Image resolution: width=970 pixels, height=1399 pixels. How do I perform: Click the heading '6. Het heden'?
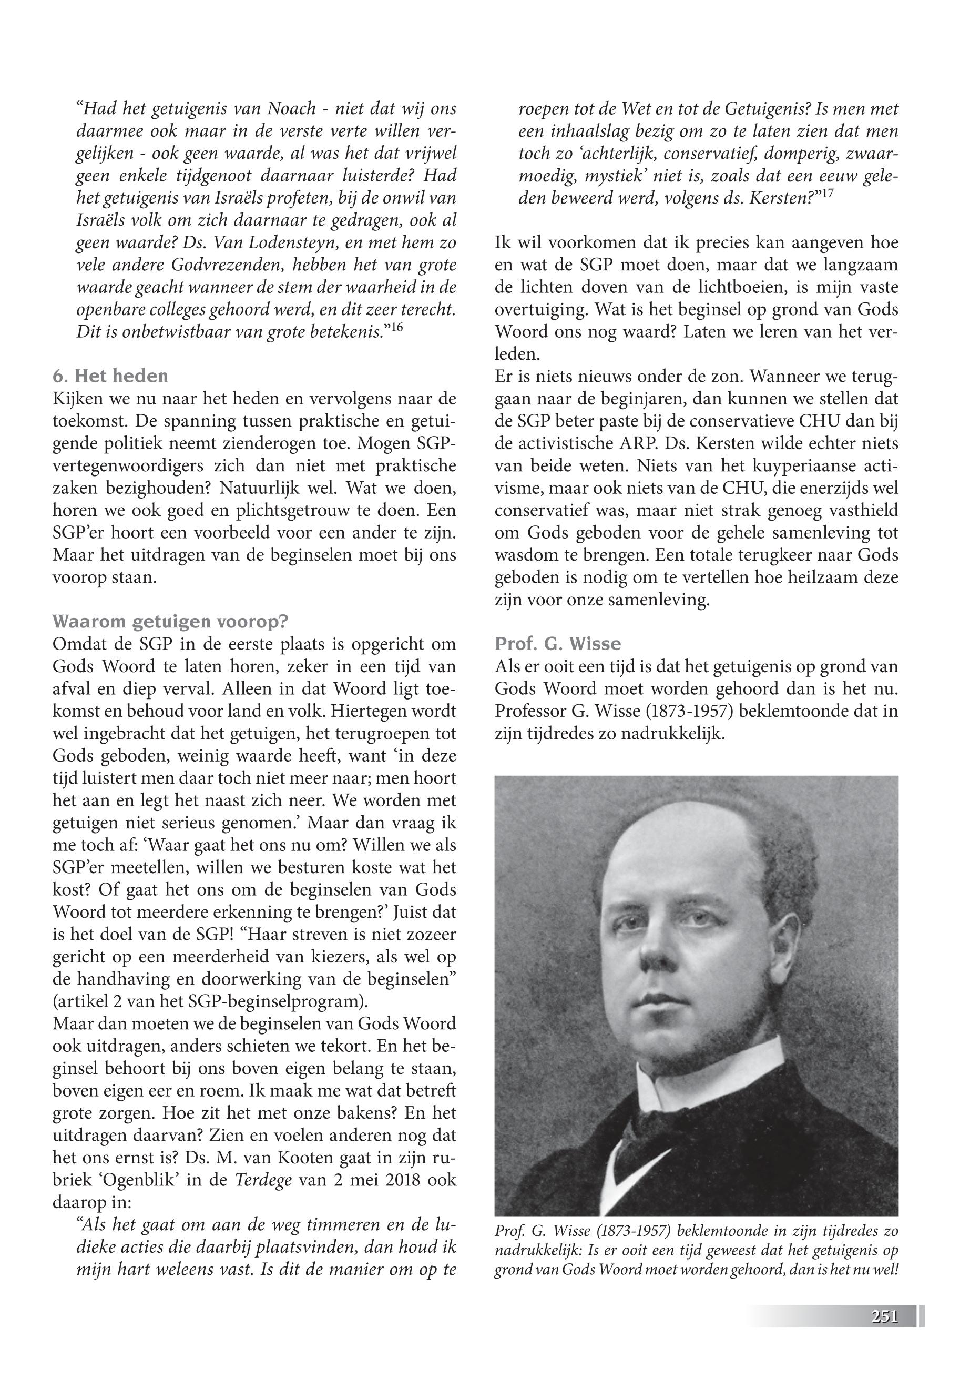110,377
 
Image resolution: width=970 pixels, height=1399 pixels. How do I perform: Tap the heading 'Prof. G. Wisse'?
558,644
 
